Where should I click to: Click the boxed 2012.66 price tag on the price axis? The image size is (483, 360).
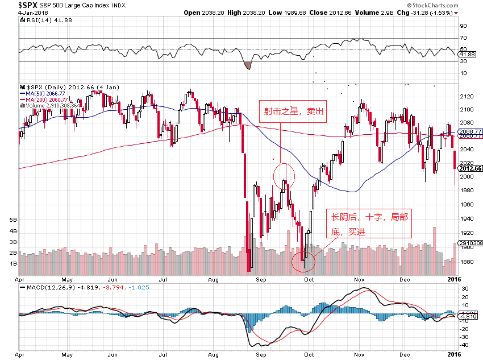(471, 168)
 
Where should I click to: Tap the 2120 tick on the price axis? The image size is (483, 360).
(466, 96)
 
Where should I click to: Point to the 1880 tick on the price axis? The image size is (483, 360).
(466, 262)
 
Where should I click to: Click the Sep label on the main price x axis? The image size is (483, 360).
(261, 279)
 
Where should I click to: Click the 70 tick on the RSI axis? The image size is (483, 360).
(463, 38)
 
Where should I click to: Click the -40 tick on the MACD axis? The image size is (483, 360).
(464, 345)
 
